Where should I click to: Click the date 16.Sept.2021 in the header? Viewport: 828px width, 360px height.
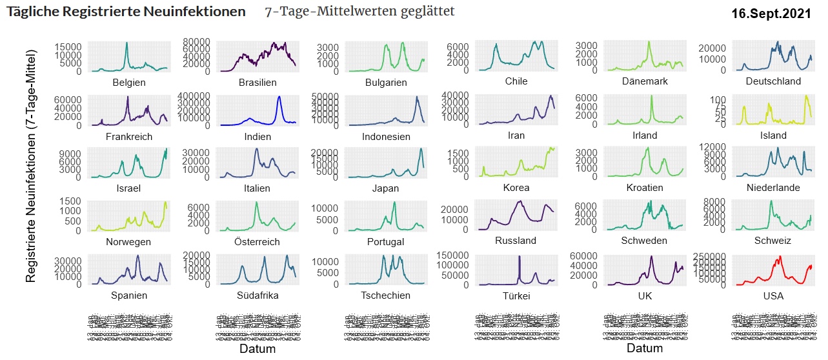click(x=771, y=14)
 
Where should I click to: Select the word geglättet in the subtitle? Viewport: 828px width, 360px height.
click(x=424, y=12)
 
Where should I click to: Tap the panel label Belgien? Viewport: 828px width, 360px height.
click(x=129, y=83)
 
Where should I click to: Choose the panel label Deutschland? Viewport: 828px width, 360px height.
click(x=773, y=81)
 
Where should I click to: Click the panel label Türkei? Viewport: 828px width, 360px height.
click(x=516, y=295)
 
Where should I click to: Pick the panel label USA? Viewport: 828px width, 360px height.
click(x=773, y=295)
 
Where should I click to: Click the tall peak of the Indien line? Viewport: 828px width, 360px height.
click(x=279, y=97)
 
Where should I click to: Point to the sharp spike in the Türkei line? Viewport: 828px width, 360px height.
click(x=519, y=257)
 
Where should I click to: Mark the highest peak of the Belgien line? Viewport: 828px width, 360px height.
click(x=126, y=43)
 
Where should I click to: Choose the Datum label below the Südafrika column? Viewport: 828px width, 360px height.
click(x=257, y=349)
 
